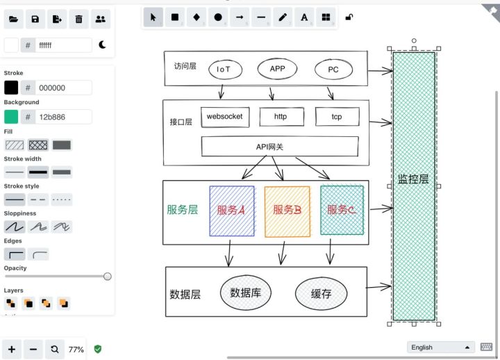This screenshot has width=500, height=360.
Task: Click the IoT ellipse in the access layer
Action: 223,69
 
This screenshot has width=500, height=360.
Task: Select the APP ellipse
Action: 277,69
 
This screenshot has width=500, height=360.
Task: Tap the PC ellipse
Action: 333,69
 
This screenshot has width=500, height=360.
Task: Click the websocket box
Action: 225,117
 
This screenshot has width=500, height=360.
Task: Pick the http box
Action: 281,117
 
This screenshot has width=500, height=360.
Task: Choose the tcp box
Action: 337,117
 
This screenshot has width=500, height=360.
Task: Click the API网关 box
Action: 280,147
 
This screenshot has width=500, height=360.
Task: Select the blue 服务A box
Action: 232,210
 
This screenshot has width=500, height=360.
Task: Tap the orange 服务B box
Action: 287,210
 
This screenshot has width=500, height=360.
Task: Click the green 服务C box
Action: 342,209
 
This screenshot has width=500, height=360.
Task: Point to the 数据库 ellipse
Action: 246,293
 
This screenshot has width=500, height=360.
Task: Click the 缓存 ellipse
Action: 321,293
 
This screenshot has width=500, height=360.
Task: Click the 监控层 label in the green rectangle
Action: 413,179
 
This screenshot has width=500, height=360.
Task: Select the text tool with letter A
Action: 304,18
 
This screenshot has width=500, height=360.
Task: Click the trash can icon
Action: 78,19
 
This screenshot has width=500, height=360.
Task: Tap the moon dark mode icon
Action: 103,45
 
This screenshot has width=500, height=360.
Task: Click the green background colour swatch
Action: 11,116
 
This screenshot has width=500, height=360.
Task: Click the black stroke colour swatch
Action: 11,88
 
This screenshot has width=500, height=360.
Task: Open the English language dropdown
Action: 441,347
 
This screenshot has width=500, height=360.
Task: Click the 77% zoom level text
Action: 76,350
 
